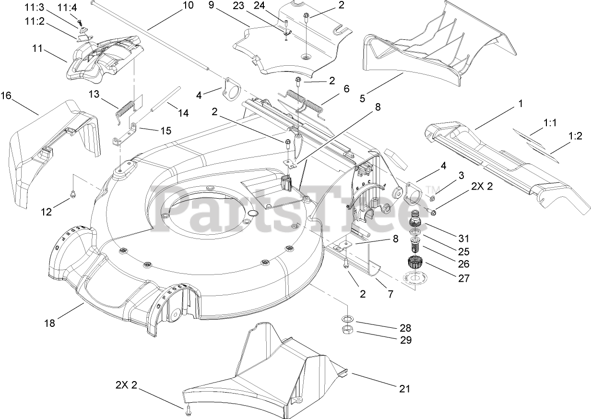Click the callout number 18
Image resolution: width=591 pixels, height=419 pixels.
[x=49, y=323]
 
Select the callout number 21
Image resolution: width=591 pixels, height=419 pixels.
[x=405, y=388]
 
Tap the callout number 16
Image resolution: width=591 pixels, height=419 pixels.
[x=6, y=96]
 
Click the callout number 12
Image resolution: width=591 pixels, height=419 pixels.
[x=47, y=212]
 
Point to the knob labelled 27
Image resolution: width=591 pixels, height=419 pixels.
[x=413, y=263]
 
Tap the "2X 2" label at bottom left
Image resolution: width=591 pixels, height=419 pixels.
[x=127, y=384]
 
